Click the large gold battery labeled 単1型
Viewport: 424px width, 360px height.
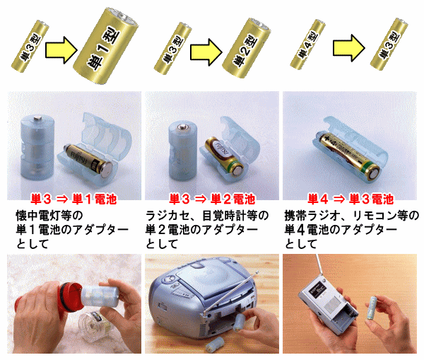(x=106, y=46)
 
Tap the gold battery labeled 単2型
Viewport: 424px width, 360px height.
(x=246, y=48)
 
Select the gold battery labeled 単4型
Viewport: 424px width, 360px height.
(x=307, y=45)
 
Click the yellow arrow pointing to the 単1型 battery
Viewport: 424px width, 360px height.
(x=61, y=50)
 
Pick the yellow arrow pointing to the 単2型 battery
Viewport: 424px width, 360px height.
(x=206, y=52)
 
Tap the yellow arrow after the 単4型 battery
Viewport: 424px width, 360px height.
(x=349, y=48)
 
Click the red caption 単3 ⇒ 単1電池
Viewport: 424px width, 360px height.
(x=73, y=199)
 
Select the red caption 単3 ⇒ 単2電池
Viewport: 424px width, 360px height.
(x=212, y=199)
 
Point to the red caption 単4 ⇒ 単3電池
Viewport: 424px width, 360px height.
(x=351, y=199)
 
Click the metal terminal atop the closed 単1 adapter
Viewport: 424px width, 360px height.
(x=37, y=118)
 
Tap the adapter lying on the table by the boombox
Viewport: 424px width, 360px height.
(x=214, y=344)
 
